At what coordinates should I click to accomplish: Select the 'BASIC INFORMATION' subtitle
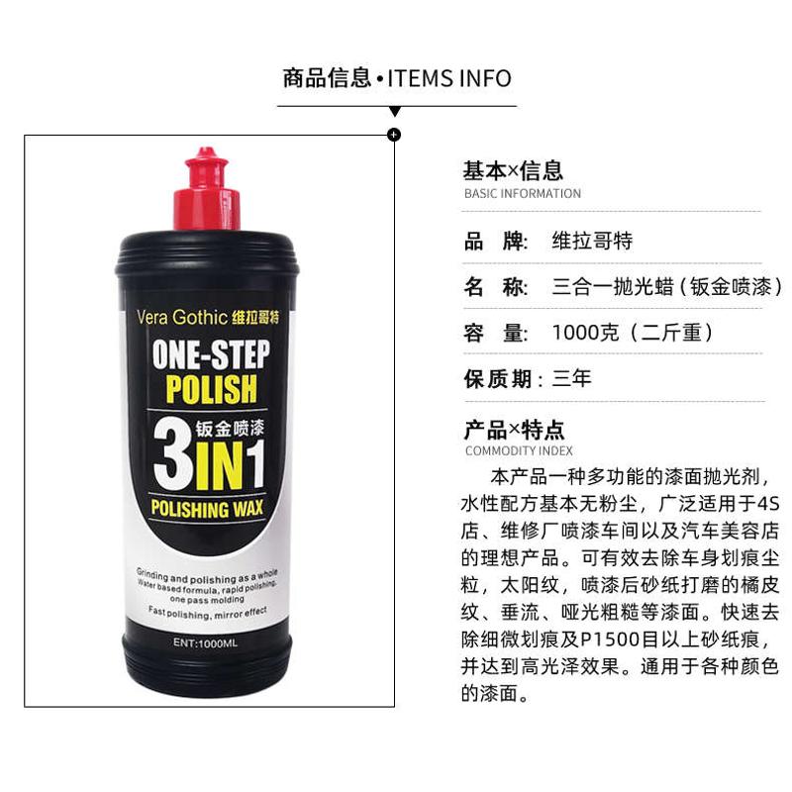(523, 193)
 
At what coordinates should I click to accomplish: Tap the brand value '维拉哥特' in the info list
(591, 242)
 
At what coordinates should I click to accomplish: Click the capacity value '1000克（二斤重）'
(632, 334)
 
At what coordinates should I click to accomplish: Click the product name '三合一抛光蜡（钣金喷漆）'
(666, 288)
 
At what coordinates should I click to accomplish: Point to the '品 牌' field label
(493, 242)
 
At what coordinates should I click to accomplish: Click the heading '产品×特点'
(514, 431)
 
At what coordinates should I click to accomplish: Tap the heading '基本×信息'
(513, 170)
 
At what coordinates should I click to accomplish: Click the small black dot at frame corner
(394, 134)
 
